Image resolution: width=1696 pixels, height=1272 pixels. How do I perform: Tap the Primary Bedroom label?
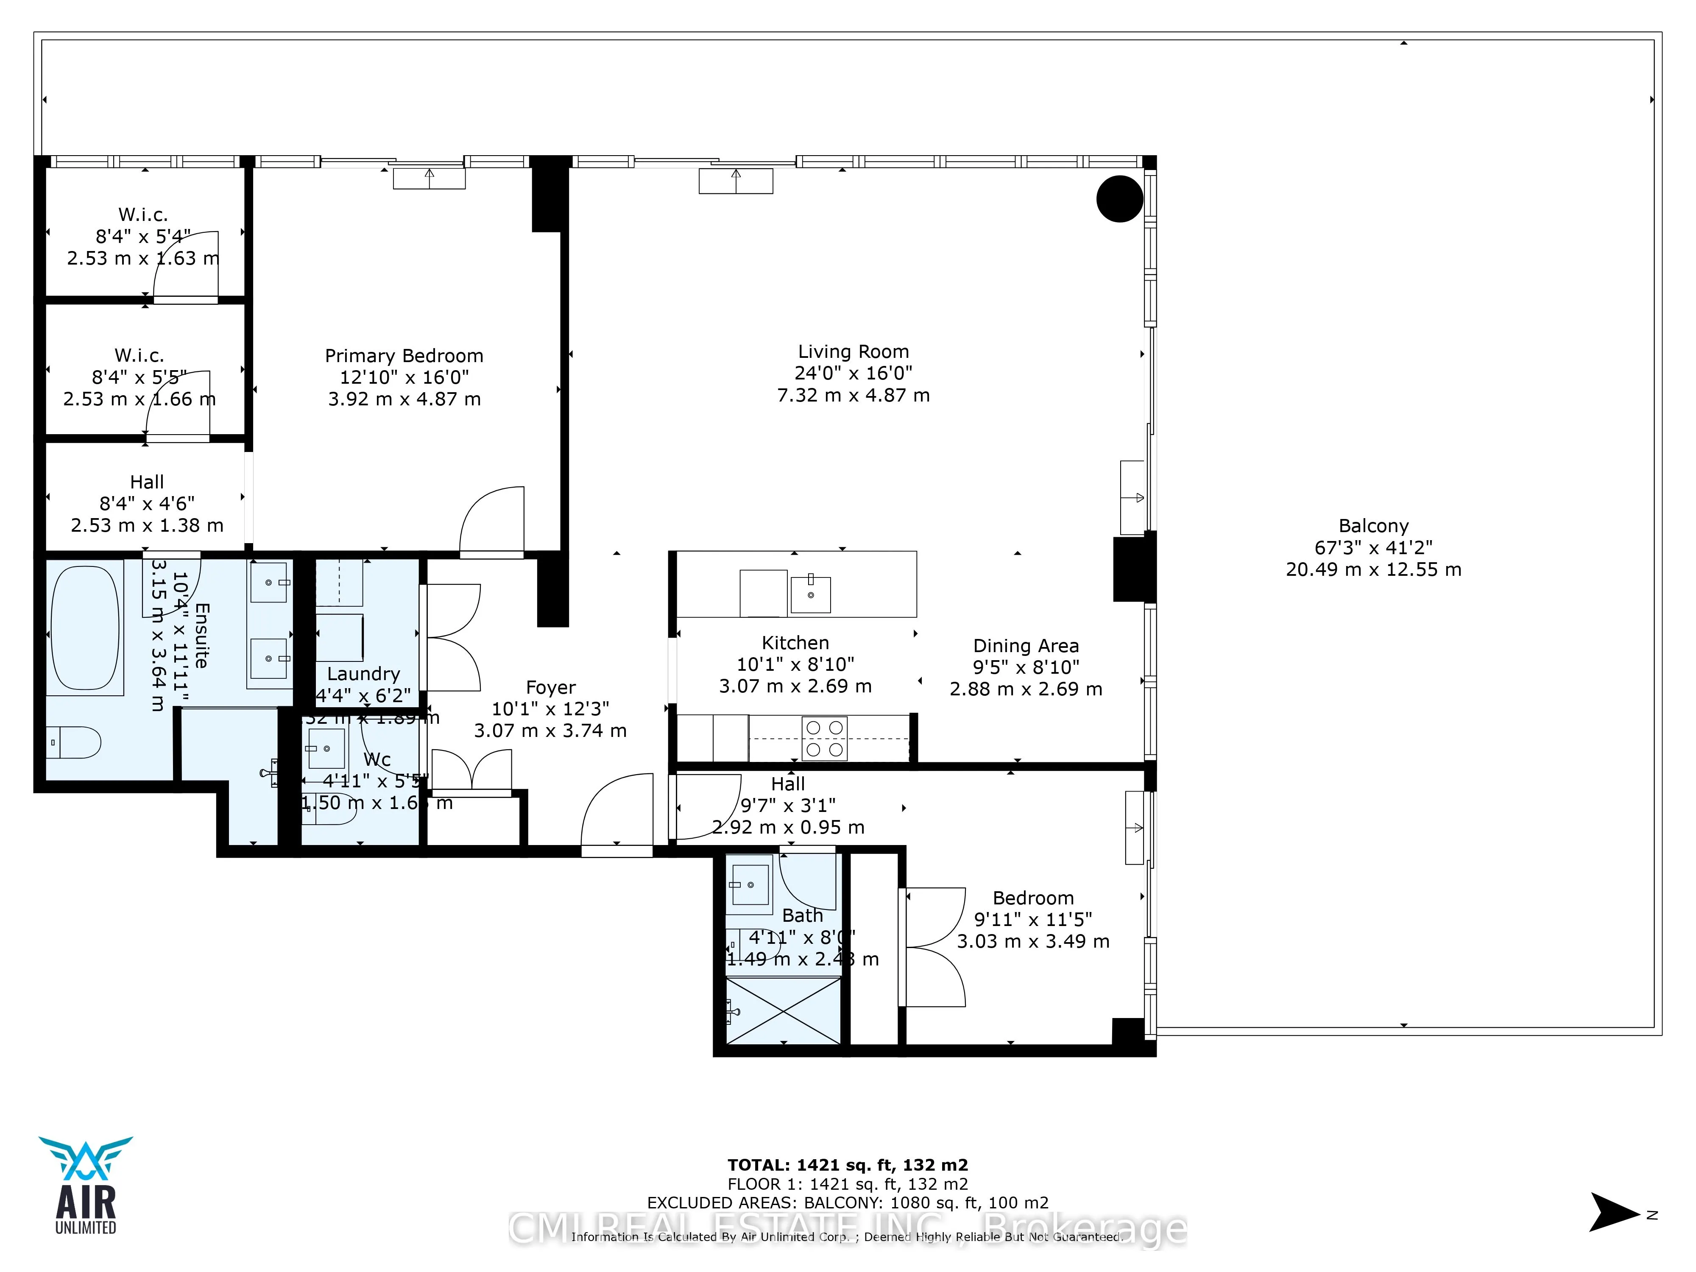coord(404,356)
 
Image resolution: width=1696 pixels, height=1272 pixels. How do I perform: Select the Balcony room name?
coord(1373,526)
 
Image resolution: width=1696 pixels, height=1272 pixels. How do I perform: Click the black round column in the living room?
coord(1119,198)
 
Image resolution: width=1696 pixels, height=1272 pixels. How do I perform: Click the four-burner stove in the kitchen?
coord(824,738)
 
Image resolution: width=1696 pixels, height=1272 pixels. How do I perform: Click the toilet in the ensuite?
coord(74,742)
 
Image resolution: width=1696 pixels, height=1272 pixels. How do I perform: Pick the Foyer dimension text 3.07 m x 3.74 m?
coord(550,731)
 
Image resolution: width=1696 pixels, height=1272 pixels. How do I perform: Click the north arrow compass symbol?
coord(1615,1212)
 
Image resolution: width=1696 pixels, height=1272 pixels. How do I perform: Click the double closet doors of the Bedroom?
coord(934,947)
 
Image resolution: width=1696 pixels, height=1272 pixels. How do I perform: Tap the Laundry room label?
coord(363,674)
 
